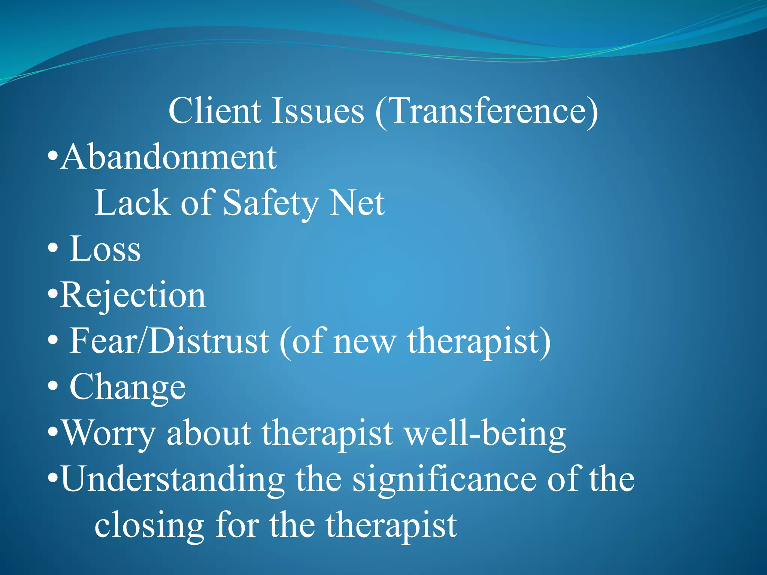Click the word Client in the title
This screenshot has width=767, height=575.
coord(215,111)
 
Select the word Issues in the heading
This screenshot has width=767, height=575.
coord(317,111)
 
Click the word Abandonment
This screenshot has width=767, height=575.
coord(169,157)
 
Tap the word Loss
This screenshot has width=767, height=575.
coord(105,249)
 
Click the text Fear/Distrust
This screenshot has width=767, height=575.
coord(169,341)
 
